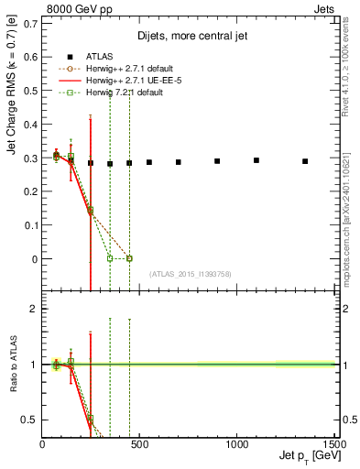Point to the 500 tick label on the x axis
tap(139, 444)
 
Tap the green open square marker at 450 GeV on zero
tap(129, 259)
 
